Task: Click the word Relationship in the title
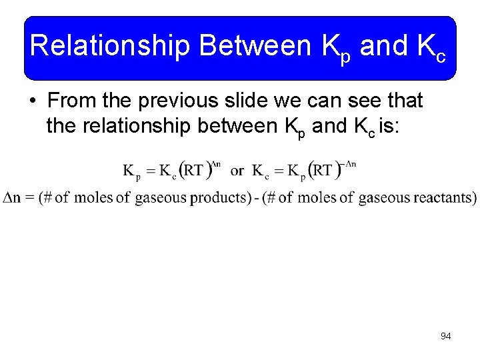tap(111, 46)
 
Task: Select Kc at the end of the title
tap(431, 47)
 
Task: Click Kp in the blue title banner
tap(336, 47)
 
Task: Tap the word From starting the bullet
tap(73, 101)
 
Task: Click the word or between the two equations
tap(237, 171)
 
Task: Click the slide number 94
tap(445, 337)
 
